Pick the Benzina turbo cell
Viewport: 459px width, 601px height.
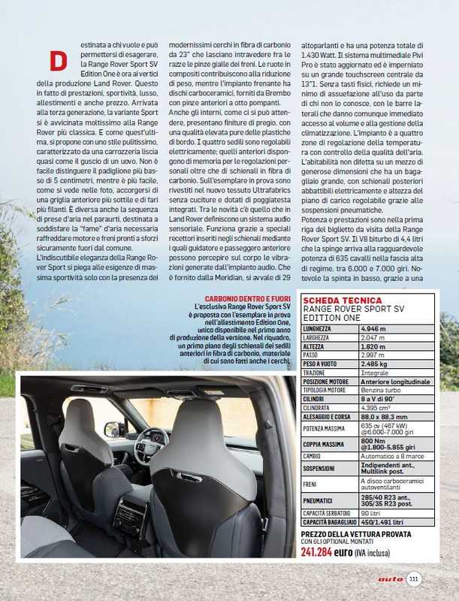pyautogui.click(x=382, y=390)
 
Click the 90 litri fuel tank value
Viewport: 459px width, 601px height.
pyautogui.click(x=371, y=512)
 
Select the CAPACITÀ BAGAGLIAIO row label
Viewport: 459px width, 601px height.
pyautogui.click(x=329, y=521)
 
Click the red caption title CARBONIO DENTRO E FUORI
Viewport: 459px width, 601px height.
pyautogui.click(x=248, y=298)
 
